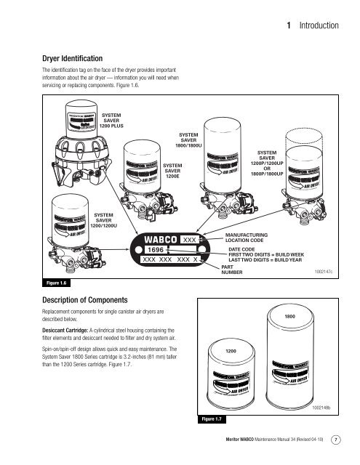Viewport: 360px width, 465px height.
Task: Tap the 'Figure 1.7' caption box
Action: click(213, 419)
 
